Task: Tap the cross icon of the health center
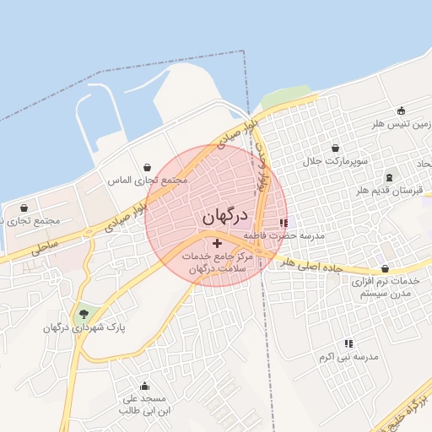[217, 242]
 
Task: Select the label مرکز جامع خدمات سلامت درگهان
[211, 262]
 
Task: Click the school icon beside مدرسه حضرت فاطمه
[283, 223]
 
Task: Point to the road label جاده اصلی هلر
[315, 265]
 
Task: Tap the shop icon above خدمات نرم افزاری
[385, 268]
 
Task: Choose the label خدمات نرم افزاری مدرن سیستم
[385, 287]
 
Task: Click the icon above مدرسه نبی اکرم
[348, 343]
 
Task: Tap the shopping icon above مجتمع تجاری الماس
[148, 167]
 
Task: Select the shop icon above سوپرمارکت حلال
[335, 148]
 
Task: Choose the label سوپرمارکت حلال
[339, 160]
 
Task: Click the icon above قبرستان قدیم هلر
[389, 177]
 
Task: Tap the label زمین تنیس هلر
[402, 123]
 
